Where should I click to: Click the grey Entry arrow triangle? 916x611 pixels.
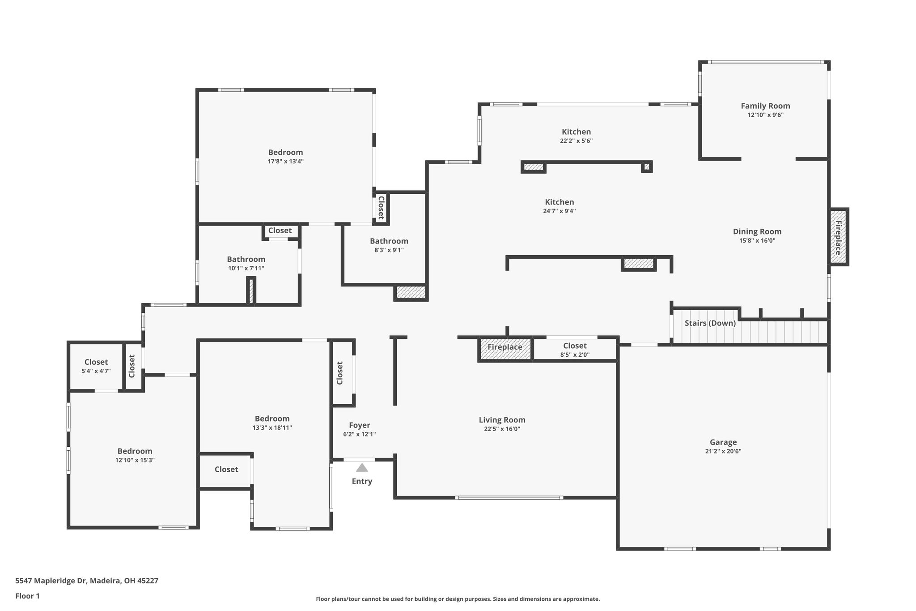[x=362, y=468]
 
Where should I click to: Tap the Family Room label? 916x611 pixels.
[x=765, y=106]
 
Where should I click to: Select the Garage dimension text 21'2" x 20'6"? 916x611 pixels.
[x=723, y=451]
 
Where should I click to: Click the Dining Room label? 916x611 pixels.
[x=757, y=231]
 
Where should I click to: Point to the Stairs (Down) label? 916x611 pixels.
[x=710, y=323]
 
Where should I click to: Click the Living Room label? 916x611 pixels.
[x=502, y=420]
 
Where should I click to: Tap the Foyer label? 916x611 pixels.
[x=360, y=425]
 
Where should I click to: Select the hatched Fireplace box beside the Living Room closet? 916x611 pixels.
[x=505, y=349]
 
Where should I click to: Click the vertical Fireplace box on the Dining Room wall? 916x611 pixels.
[x=839, y=237]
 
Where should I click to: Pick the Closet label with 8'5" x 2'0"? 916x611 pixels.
[x=575, y=346]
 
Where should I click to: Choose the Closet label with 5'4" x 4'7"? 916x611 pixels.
[x=96, y=362]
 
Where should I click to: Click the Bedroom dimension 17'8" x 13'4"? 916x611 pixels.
[x=286, y=162]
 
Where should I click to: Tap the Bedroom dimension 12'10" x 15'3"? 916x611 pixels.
[x=135, y=460]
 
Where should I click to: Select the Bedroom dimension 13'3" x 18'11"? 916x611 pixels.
[x=272, y=427]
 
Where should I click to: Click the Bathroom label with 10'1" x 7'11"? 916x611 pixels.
[x=246, y=259]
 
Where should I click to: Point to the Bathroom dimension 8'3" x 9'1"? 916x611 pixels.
[x=389, y=250]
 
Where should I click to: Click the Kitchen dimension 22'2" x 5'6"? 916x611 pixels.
[x=577, y=141]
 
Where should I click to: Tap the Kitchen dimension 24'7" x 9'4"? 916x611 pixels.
[x=560, y=211]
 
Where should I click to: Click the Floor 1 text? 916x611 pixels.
[x=27, y=596]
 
